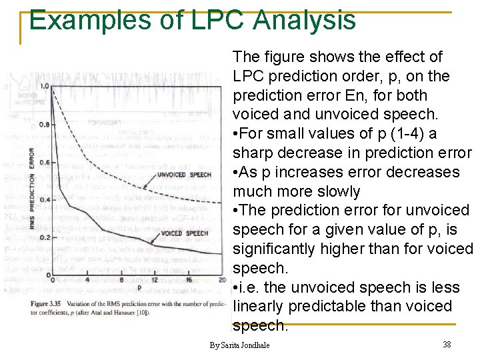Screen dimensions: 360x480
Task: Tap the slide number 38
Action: (x=447, y=345)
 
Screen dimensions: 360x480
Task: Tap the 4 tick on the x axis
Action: (x=87, y=280)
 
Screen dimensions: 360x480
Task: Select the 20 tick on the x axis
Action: (x=222, y=280)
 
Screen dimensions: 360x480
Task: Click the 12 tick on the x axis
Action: (x=155, y=280)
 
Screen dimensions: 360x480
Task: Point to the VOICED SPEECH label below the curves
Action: (x=185, y=233)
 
